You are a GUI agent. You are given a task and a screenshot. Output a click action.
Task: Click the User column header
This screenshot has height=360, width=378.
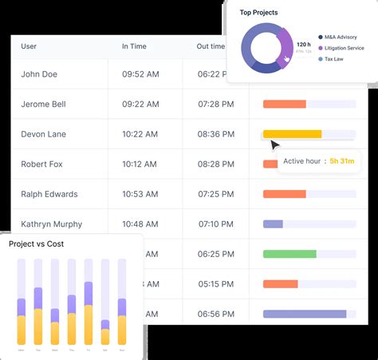click(29, 46)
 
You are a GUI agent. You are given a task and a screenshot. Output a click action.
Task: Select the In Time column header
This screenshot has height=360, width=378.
click(135, 46)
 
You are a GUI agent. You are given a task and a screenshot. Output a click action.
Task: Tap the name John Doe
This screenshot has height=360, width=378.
click(40, 74)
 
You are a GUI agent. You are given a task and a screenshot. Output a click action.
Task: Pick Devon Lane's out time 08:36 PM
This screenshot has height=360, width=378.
click(215, 134)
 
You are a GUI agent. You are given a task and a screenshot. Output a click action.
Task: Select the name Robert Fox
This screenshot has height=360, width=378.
click(42, 164)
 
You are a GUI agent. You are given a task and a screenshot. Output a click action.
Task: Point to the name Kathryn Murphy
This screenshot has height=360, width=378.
click(51, 224)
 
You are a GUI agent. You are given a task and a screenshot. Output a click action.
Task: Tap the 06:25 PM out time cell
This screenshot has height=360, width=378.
click(215, 254)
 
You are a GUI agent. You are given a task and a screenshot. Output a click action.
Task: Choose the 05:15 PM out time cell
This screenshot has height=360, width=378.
click(215, 283)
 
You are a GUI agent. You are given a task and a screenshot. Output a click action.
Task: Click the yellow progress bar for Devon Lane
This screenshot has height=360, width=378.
click(292, 134)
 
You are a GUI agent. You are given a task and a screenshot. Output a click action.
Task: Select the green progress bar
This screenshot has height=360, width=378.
click(289, 254)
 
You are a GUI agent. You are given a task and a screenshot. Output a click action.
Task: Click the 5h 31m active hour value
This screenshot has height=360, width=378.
click(342, 162)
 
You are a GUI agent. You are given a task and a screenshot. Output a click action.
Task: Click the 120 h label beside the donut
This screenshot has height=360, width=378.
click(303, 45)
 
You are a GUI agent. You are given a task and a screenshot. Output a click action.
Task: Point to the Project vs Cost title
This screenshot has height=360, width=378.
click(37, 243)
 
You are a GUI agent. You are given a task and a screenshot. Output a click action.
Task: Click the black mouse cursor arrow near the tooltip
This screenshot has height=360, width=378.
click(274, 145)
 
